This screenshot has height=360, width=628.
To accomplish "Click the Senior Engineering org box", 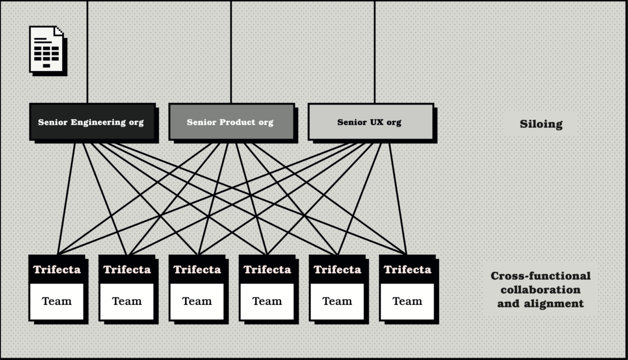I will pyautogui.click(x=92, y=122).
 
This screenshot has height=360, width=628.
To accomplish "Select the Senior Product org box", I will pyautogui.click(x=231, y=122).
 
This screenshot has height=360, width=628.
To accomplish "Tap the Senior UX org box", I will pyautogui.click(x=370, y=122).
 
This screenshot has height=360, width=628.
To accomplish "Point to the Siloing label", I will pyautogui.click(x=541, y=125).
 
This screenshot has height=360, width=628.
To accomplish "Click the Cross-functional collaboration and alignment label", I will pyautogui.click(x=540, y=290).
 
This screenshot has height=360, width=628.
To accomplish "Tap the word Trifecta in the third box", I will pyautogui.click(x=197, y=270).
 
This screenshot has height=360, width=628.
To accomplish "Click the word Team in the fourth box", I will pyautogui.click(x=267, y=301).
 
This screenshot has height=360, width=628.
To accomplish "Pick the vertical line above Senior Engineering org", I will pyautogui.click(x=87, y=53).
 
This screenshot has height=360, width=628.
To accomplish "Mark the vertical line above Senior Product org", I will pyautogui.click(x=231, y=53).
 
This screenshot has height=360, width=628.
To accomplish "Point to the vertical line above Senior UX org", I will pyautogui.click(x=374, y=53).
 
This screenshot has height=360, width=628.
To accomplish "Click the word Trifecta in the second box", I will pyautogui.click(x=127, y=270).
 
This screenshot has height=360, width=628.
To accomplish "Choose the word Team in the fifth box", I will pyautogui.click(x=337, y=301).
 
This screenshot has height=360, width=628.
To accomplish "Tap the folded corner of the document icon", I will pyautogui.click(x=59, y=30).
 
